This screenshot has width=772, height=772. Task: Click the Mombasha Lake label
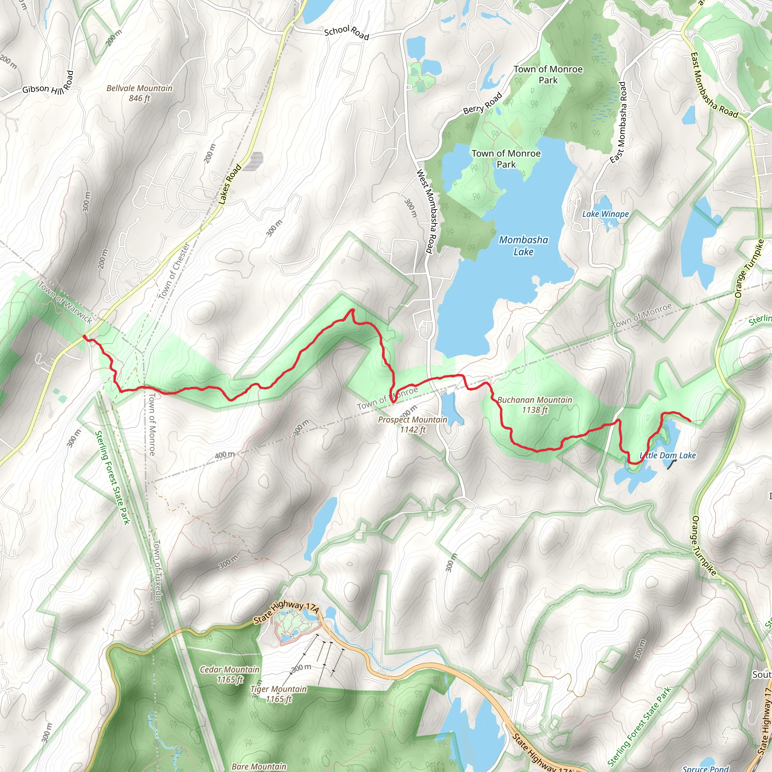(524, 245)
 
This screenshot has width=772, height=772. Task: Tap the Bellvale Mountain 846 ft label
(139, 93)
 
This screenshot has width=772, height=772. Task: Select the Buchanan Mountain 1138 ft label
(535, 404)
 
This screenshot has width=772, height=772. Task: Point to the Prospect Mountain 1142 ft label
(412, 424)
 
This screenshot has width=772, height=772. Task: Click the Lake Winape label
(605, 214)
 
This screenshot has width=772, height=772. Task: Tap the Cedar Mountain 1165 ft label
(230, 674)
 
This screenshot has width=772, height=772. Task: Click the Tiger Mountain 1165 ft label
(279, 694)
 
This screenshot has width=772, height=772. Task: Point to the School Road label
(346, 32)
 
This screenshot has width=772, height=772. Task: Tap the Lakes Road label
(230, 184)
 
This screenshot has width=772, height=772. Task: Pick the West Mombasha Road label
(426, 211)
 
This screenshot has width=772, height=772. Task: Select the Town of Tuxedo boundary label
(158, 570)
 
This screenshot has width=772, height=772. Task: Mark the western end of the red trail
(84, 337)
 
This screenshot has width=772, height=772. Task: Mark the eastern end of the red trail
(691, 420)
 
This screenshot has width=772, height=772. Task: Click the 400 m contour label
(225, 454)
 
